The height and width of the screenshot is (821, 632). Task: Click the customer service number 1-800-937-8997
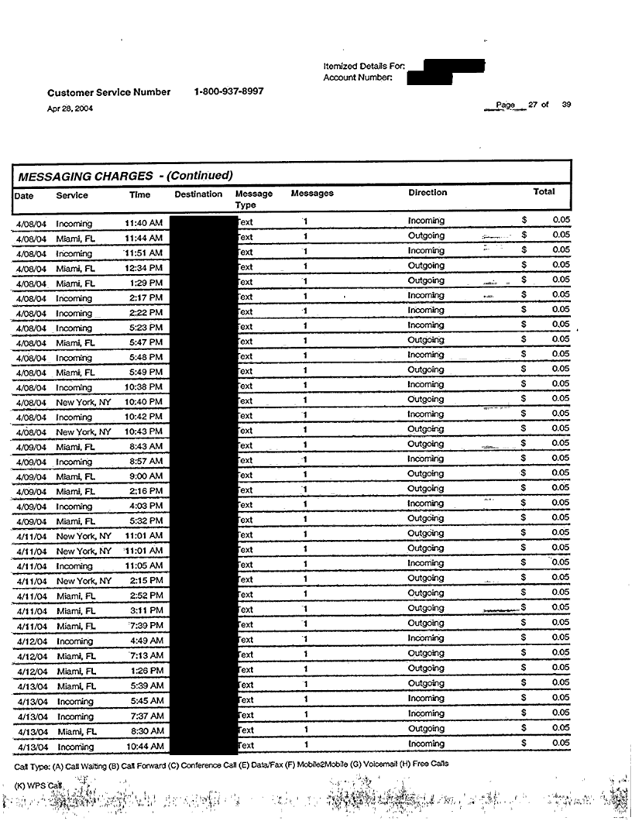[228, 91]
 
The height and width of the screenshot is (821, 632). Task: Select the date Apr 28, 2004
[70, 108]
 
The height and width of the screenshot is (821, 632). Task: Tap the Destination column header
[198, 194]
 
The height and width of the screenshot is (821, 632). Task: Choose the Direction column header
[428, 193]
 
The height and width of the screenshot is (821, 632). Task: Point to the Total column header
[544, 192]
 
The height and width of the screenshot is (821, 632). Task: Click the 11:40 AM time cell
[143, 223]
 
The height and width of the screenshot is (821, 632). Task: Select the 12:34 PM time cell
[143, 268]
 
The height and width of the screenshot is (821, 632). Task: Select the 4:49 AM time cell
[146, 641]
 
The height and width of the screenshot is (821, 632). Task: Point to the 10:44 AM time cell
[143, 747]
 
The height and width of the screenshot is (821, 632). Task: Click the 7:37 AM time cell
[146, 716]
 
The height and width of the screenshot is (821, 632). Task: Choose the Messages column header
[312, 194]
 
